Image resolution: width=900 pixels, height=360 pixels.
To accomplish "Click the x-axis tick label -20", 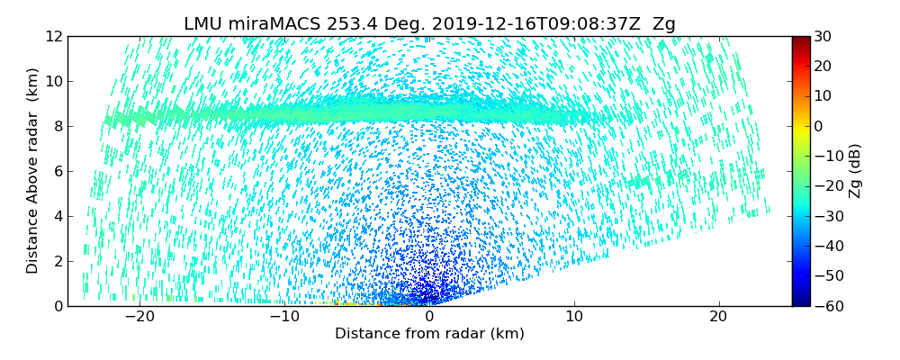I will [x=139, y=317].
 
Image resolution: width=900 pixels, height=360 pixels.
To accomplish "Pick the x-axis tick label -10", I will [x=283, y=317].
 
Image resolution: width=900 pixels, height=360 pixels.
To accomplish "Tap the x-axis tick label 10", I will [x=574, y=317].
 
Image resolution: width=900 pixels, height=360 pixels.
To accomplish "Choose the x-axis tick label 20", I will [x=718, y=317].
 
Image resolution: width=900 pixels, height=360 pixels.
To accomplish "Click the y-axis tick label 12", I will [x=53, y=37].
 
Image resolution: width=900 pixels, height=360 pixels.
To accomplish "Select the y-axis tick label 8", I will [x=57, y=127].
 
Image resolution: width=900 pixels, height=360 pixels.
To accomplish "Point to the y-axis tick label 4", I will [x=57, y=217].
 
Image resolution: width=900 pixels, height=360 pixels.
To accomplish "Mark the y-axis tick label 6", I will [x=57, y=172].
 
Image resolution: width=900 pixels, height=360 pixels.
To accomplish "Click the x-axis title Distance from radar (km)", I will [x=429, y=334].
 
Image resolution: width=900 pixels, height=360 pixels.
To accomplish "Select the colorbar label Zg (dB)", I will [x=855, y=171].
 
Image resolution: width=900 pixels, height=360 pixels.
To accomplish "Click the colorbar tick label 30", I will [x=823, y=37].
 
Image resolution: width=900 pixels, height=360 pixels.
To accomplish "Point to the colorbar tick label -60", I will [x=825, y=306].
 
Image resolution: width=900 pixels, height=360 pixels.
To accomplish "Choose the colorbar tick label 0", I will [x=818, y=127].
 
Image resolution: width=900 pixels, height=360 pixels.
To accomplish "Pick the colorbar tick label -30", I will [x=825, y=217].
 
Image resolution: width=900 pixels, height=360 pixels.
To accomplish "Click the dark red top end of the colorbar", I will [x=800, y=40].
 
